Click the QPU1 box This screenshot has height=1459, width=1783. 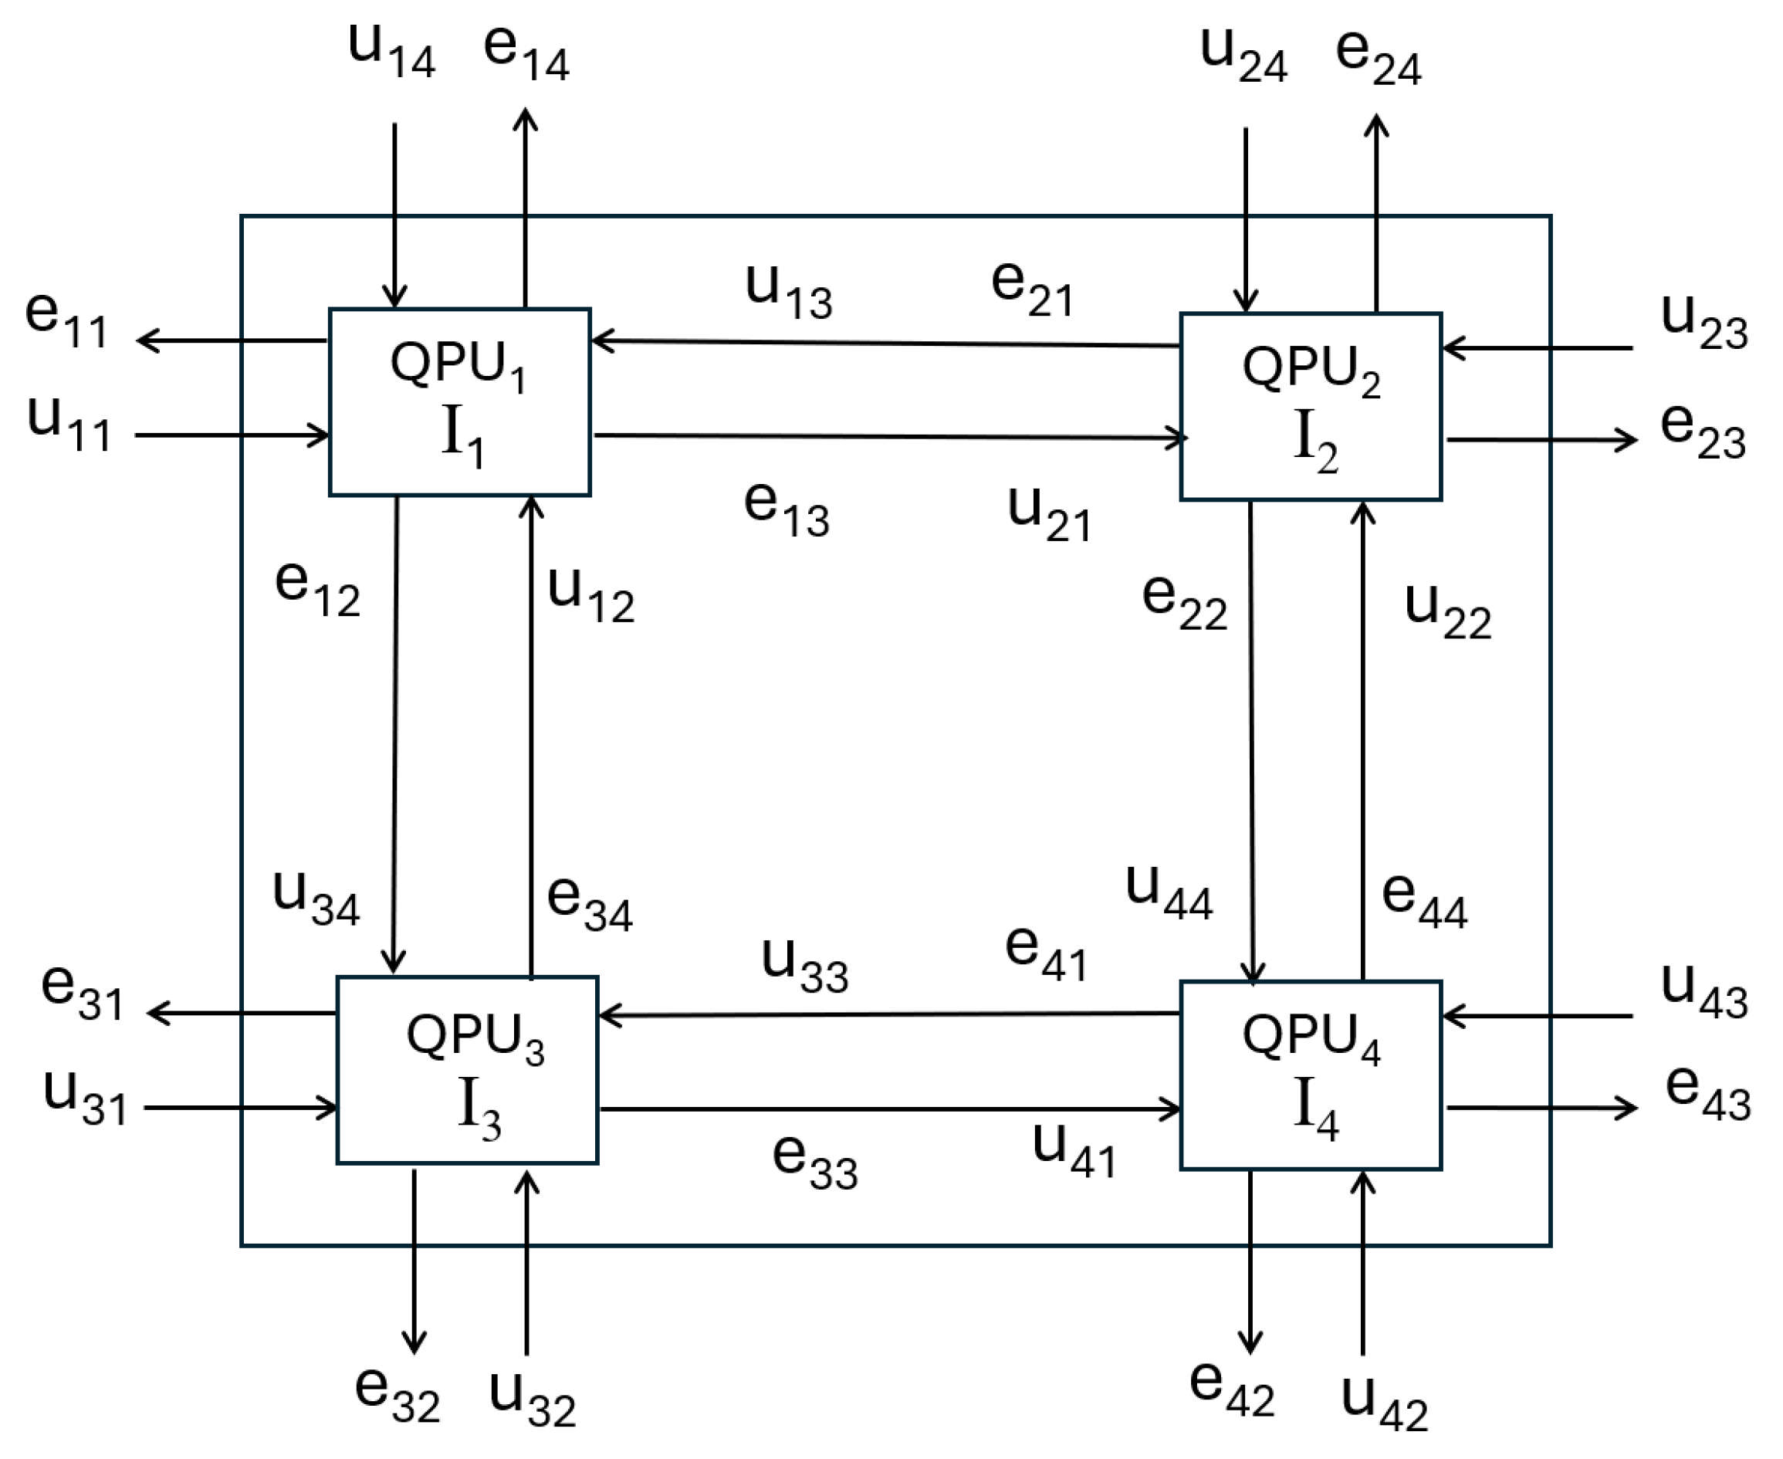pos(459,401)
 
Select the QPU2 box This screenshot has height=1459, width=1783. pos(1310,407)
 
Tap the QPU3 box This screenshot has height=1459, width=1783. pos(467,1070)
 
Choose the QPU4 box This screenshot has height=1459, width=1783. pos(1310,1075)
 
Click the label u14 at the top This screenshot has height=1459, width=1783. pos(391,50)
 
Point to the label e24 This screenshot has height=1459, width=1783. pos(1378,57)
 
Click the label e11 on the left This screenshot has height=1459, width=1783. pos(66,320)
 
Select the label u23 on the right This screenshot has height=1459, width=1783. pos(1704,323)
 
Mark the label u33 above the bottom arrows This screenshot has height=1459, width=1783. pos(804,966)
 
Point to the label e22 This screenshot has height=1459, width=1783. pos(1184,603)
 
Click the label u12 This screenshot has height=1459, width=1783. pos(590,594)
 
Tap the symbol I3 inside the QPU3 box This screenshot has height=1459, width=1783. pos(479,1109)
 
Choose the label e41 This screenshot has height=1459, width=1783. pos(1046,954)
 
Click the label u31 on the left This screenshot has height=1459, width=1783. pos(85,1098)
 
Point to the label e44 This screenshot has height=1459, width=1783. pos(1424,900)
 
